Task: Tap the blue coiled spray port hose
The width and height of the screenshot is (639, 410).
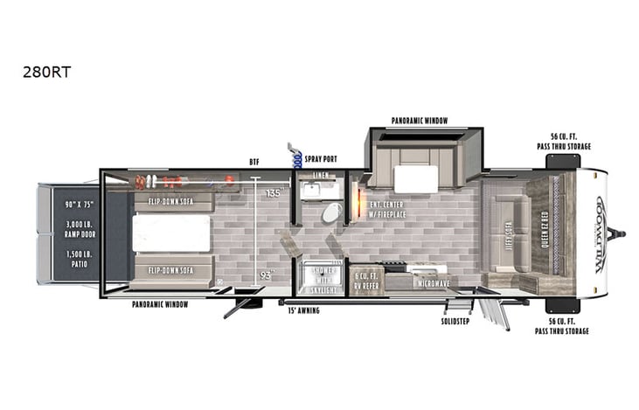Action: [297, 158]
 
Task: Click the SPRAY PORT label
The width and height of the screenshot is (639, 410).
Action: [321, 160]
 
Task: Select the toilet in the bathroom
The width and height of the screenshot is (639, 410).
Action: [331, 212]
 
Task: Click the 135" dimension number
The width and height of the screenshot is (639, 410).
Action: [273, 193]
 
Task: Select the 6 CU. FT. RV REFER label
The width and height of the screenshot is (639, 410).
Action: [365, 280]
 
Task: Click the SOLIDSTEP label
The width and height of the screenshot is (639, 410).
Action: [457, 320]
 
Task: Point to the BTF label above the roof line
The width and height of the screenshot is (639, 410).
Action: [254, 161]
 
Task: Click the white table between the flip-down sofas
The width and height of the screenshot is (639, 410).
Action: [171, 233]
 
